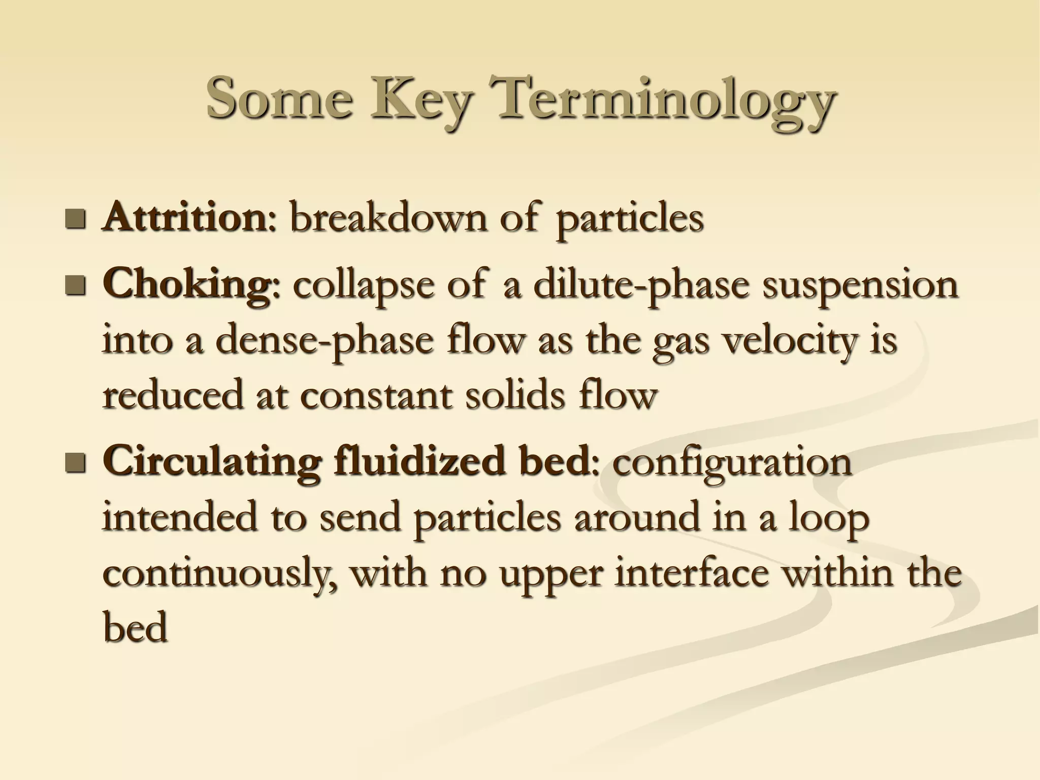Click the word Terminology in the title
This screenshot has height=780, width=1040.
pyautogui.click(x=665, y=99)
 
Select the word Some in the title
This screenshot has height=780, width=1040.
pyautogui.click(x=279, y=96)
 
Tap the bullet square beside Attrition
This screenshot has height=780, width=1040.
pyautogui.click(x=76, y=219)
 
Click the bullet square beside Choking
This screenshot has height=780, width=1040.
pyautogui.click(x=76, y=286)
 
